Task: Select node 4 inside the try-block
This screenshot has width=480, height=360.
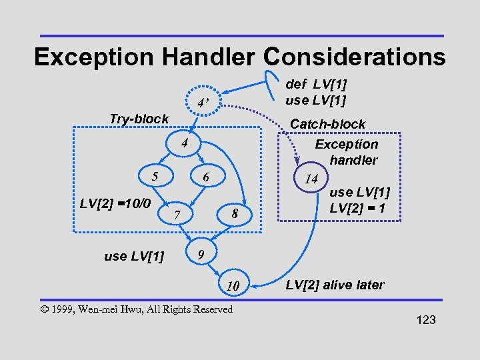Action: tap(187, 145)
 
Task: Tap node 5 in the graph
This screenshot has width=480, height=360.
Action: tap(155, 177)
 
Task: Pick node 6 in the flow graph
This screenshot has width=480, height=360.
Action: tap(207, 178)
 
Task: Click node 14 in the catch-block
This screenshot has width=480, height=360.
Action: tap(311, 179)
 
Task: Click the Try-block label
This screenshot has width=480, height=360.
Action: tap(139, 119)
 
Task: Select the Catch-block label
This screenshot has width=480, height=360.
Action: tap(327, 124)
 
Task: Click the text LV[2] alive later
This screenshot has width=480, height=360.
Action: tap(335, 285)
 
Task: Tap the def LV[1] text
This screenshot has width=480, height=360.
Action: tap(316, 85)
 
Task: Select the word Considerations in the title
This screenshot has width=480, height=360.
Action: tap(355, 57)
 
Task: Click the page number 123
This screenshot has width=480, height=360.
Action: tap(425, 320)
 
